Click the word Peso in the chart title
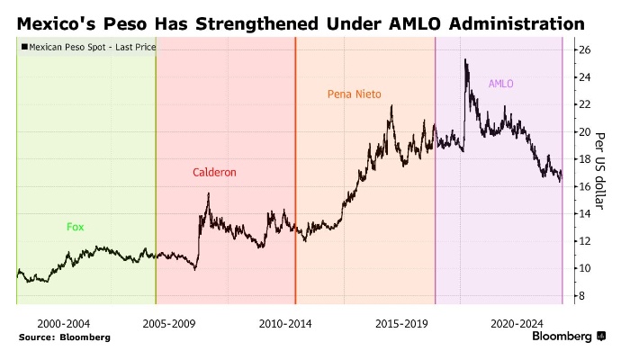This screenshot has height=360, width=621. pos(134,21)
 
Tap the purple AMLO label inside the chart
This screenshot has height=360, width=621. pos(500,84)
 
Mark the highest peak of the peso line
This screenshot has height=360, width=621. pos(465,60)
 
